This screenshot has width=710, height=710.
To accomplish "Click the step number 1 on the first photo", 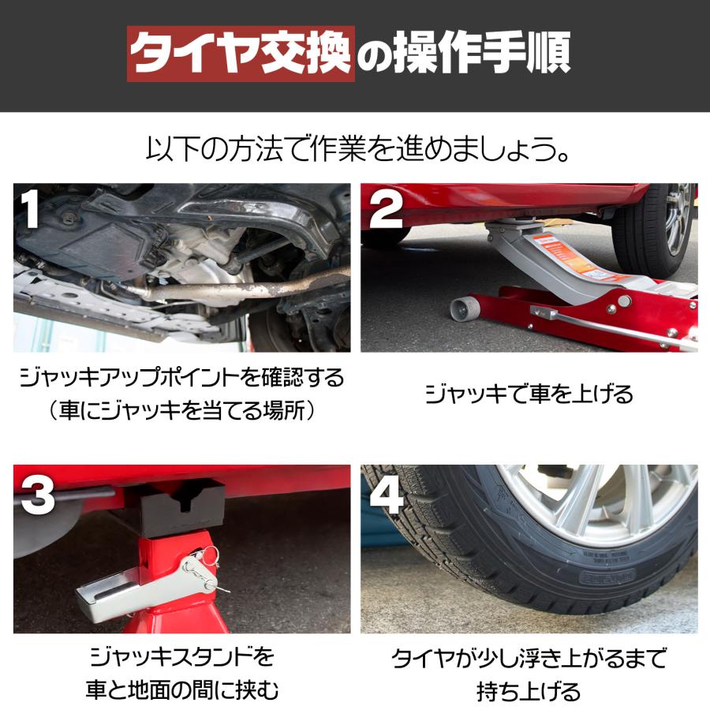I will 32,208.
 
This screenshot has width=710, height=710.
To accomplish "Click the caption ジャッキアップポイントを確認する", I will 182,377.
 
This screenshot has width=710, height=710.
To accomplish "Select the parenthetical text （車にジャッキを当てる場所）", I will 182,410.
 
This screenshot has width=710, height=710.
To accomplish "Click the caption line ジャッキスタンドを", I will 182,656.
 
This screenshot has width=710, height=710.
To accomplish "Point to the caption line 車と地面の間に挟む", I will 182,690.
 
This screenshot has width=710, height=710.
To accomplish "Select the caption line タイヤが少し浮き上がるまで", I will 529,656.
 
